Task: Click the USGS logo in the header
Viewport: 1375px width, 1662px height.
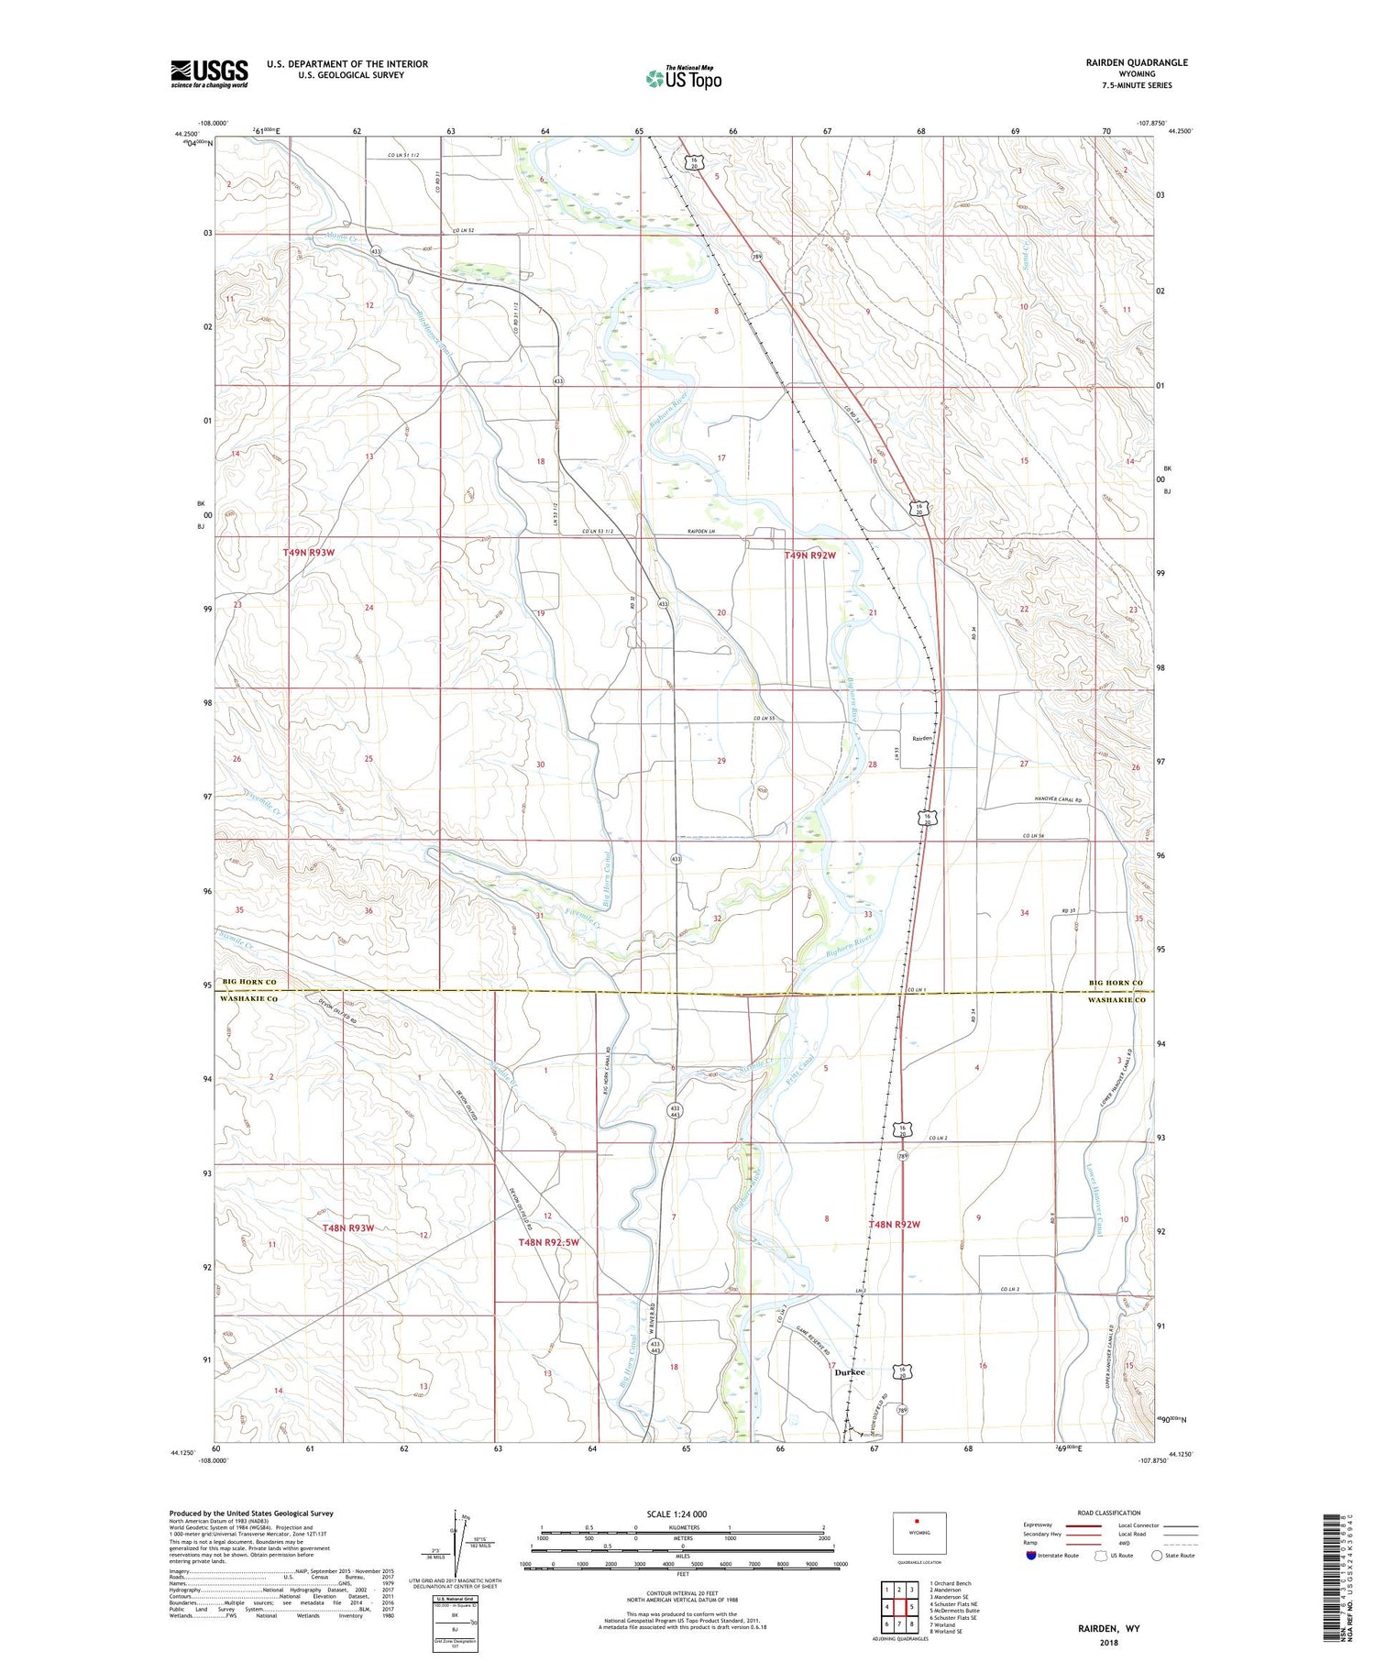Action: click(x=209, y=73)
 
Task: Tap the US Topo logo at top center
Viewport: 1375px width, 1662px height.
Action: click(x=684, y=79)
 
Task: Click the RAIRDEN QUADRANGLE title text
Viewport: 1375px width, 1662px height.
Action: click(x=1137, y=62)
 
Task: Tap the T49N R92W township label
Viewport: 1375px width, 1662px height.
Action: click(x=811, y=556)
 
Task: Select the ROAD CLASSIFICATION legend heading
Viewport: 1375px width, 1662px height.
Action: click(x=1109, y=1513)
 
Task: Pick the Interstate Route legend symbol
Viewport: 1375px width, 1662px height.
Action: click(x=1031, y=1555)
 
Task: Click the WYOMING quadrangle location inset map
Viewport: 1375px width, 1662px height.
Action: click(x=919, y=1533)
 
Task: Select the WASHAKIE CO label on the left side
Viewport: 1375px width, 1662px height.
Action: click(x=249, y=999)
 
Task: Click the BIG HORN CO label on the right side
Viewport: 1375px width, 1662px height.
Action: click(x=1116, y=983)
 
